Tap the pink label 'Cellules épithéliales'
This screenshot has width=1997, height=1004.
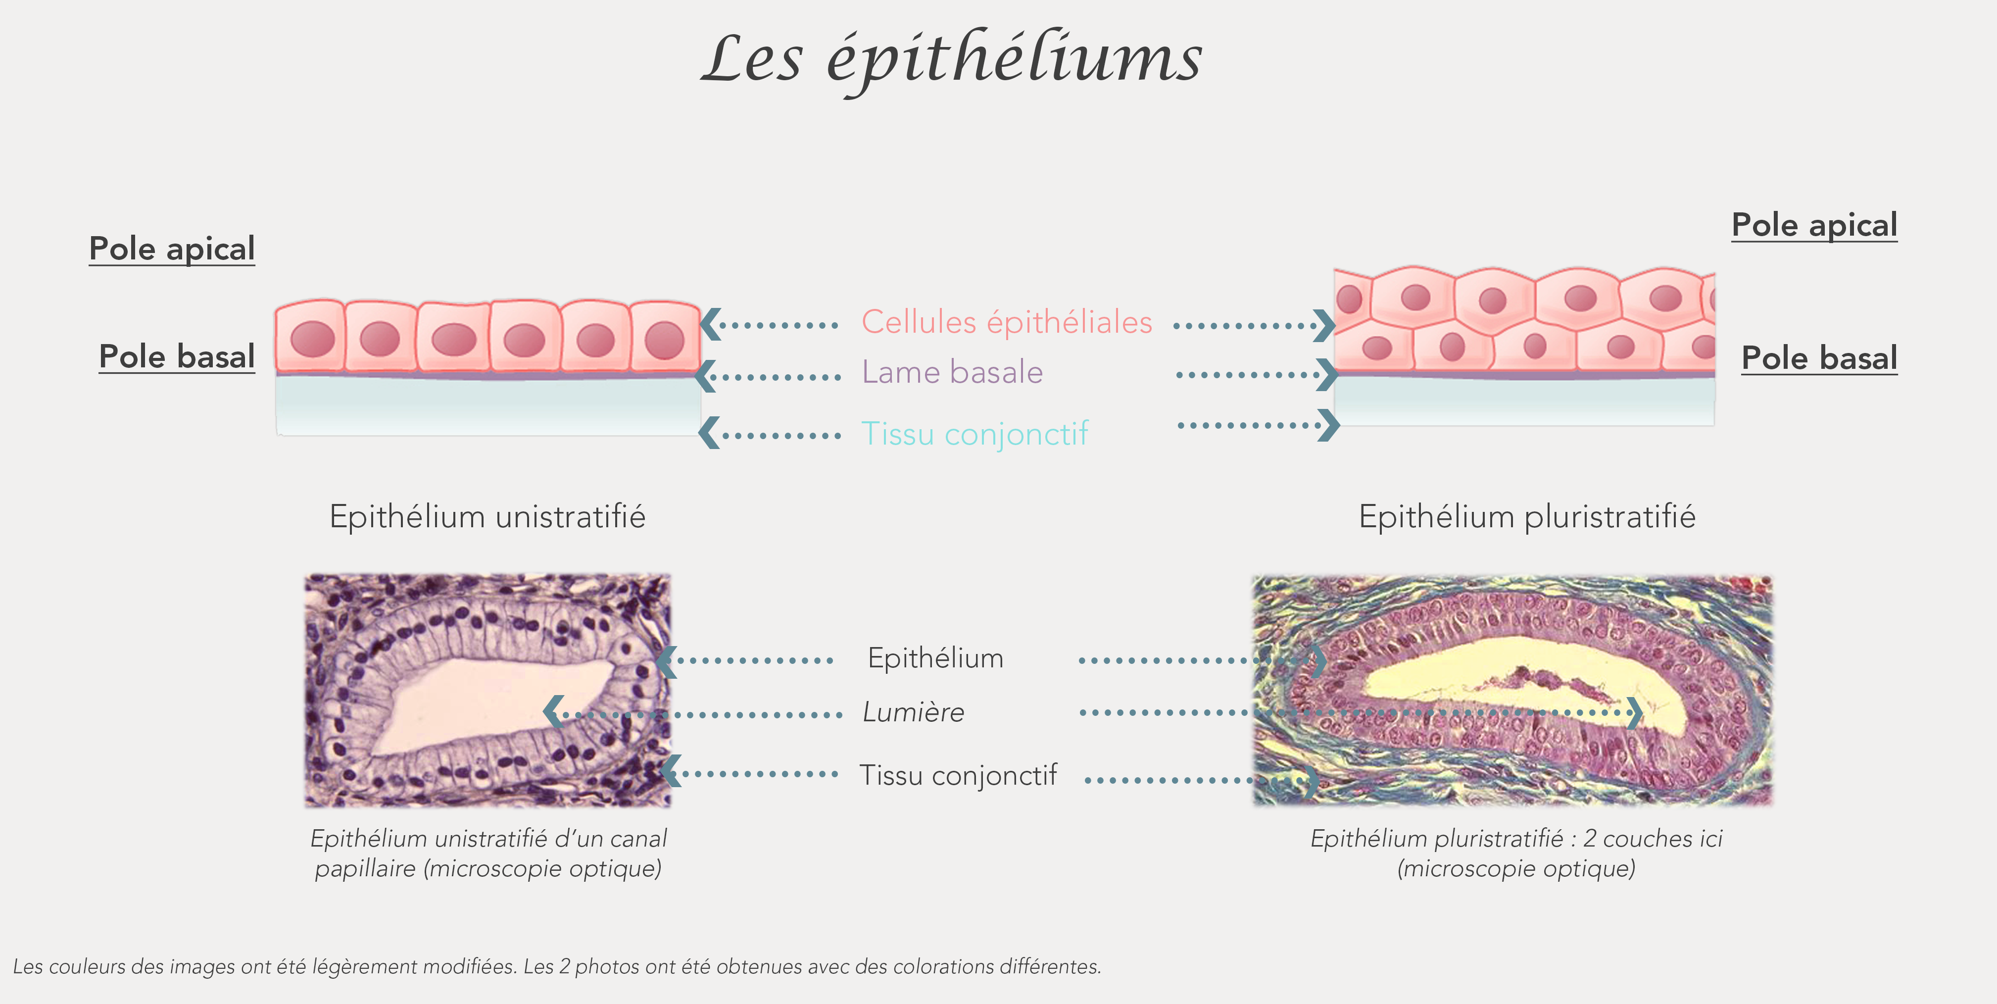pos(1006,322)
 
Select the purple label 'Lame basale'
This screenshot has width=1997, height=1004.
pos(952,372)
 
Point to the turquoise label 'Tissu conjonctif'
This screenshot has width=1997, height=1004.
pos(974,433)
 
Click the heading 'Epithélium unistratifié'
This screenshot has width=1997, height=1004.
pos(487,516)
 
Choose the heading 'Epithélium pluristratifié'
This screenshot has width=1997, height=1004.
pos(1526,516)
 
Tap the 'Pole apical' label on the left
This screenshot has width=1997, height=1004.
pos(171,249)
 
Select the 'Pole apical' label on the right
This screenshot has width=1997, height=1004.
pos(1814,226)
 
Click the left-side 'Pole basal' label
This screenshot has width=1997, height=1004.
pos(177,356)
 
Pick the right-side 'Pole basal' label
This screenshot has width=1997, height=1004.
pos(1819,358)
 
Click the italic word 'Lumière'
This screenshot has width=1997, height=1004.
pos(913,712)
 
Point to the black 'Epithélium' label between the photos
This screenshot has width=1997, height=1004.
pos(935,658)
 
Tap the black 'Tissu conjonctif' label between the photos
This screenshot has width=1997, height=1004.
pos(957,774)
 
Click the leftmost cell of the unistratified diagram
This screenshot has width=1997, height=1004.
pos(310,337)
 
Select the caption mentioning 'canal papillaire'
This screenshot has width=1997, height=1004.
pos(488,853)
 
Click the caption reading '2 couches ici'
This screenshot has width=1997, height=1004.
pos(1515,853)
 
